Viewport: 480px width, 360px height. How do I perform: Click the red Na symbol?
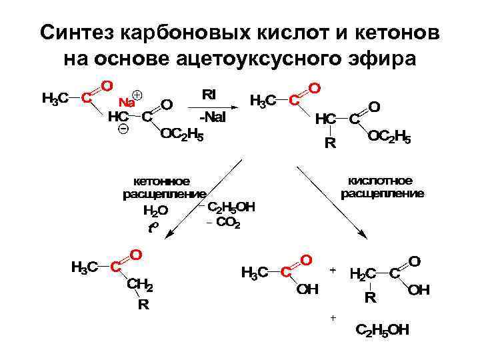126,103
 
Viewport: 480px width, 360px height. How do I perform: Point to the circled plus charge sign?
138,95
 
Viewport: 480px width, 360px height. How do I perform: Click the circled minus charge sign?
122,129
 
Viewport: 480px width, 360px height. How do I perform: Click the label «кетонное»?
162,181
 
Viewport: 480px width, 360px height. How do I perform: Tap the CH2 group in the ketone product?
140,286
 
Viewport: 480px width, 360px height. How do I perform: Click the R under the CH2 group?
143,306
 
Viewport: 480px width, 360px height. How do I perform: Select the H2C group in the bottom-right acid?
363,273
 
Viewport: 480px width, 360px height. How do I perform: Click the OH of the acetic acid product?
307,289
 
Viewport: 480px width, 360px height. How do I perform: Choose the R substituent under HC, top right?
329,143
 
